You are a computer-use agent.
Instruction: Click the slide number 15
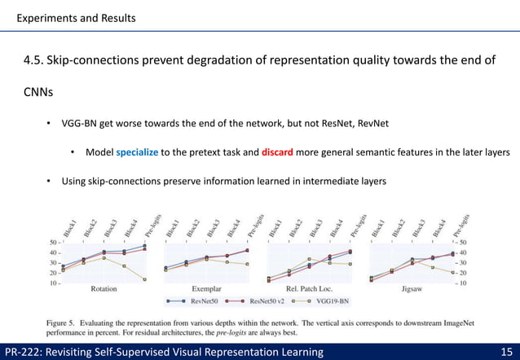(x=505, y=351)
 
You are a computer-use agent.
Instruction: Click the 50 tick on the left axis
(x=51, y=244)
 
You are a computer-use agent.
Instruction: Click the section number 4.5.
(x=33, y=60)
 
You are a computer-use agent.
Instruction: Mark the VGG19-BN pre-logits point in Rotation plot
(x=145, y=279)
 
